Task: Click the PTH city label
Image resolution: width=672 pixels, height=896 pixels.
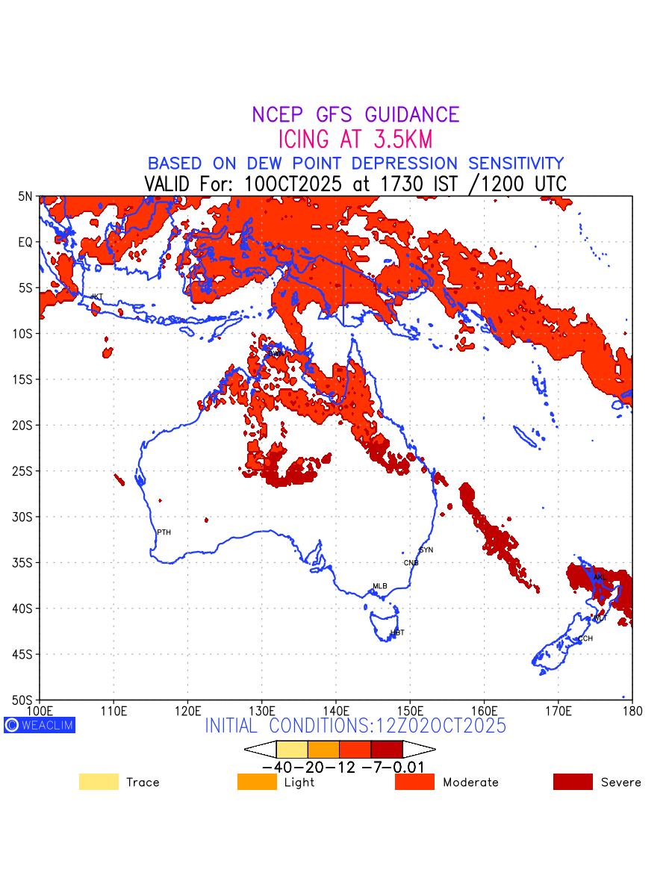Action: [164, 532]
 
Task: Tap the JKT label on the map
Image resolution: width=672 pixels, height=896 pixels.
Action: [96, 296]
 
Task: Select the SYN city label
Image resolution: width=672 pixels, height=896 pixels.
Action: [426, 550]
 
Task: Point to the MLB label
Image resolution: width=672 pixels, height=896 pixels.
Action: [380, 586]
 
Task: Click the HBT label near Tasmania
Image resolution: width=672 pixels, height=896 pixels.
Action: [397, 632]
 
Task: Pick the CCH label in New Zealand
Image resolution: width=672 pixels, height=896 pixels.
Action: [585, 638]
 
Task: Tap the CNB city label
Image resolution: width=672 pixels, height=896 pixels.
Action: [411, 563]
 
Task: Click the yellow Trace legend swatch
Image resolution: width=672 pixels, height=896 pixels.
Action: [99, 782]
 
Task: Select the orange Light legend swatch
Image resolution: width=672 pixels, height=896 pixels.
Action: [257, 782]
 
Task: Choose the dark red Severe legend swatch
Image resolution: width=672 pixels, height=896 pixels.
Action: [573, 782]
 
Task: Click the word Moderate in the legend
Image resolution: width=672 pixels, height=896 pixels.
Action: [470, 783]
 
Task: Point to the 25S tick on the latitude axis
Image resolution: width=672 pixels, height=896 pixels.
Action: [25, 471]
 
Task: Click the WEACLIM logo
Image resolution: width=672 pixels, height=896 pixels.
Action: [40, 725]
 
